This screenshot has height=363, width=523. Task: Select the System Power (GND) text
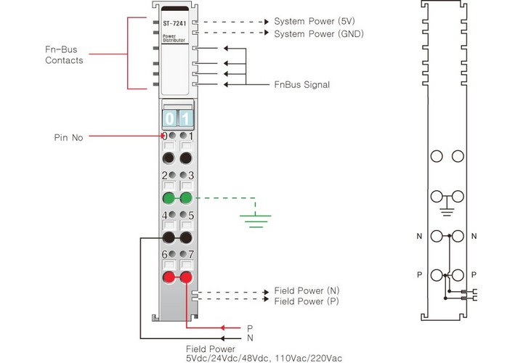(318, 33)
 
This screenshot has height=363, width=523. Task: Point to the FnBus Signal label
(301, 85)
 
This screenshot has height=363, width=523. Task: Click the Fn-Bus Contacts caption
(63, 55)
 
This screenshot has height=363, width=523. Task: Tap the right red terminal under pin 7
(187, 278)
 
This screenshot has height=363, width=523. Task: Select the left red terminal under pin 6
(169, 278)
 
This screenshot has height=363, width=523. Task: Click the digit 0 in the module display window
(169, 118)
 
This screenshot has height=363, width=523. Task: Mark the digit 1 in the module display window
(186, 118)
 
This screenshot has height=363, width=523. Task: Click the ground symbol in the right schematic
(447, 211)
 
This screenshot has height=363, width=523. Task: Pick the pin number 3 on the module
(190, 176)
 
